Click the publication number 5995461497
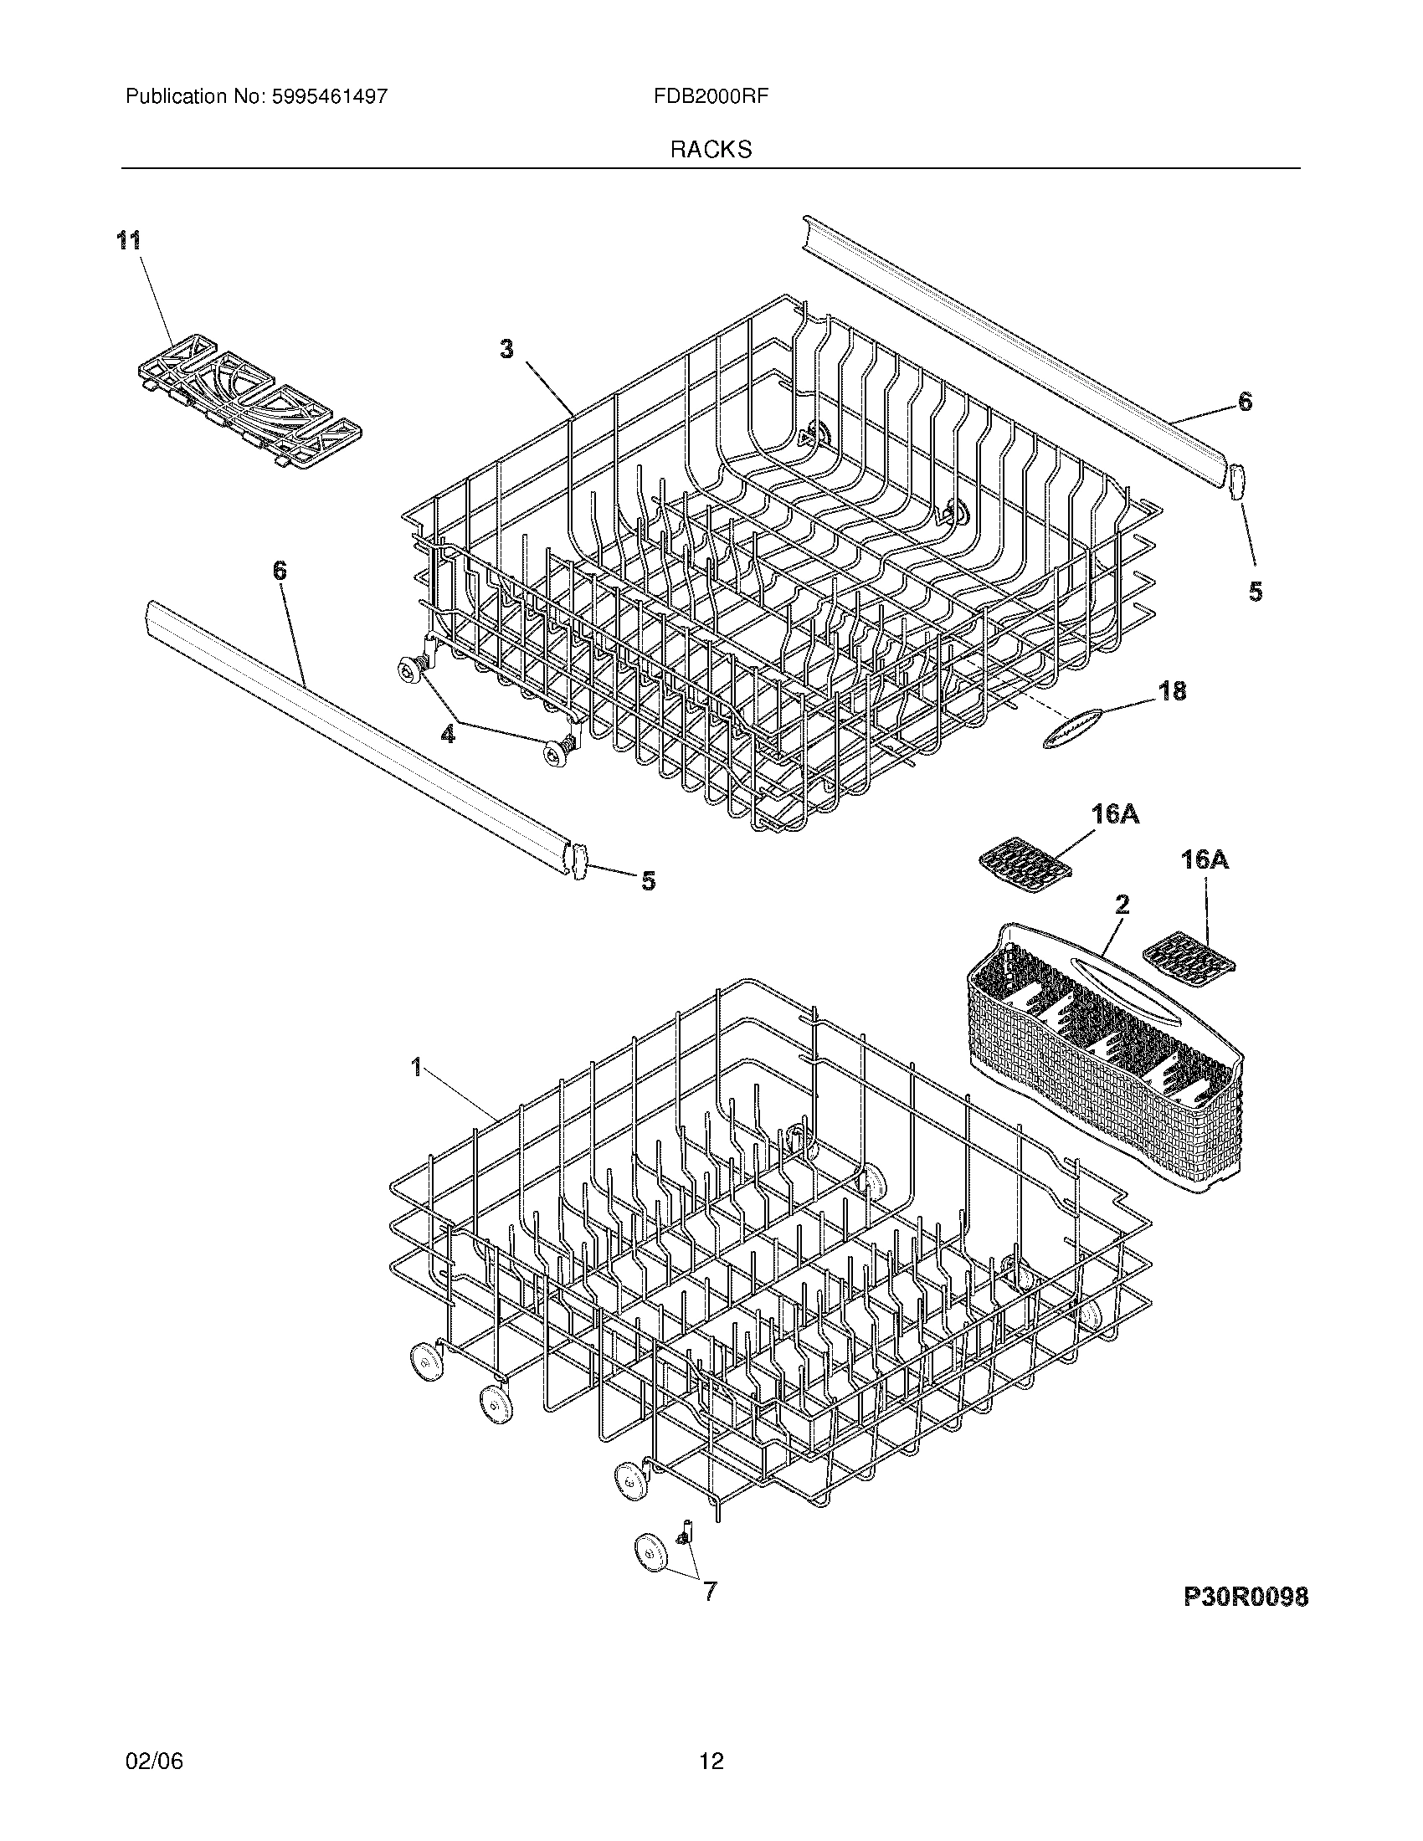click(x=329, y=97)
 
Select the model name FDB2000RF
click(x=710, y=97)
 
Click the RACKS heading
click(x=711, y=150)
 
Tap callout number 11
click(x=128, y=241)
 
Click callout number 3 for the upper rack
click(x=506, y=349)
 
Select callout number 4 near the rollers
click(x=448, y=735)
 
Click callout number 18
click(x=1172, y=691)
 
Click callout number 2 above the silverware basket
click(x=1122, y=905)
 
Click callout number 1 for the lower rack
click(x=416, y=1068)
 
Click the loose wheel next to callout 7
click(x=649, y=1554)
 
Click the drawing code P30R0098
click(x=1246, y=1596)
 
